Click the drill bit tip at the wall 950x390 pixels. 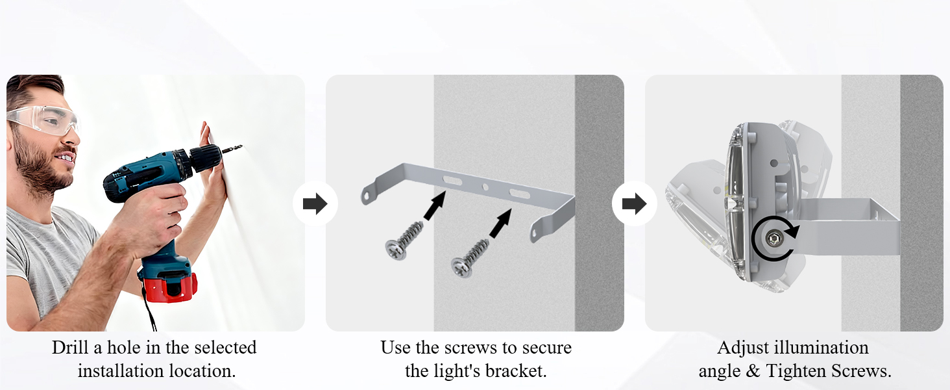[242, 146]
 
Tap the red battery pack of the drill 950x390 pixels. [169, 287]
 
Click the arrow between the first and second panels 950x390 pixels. [315, 204]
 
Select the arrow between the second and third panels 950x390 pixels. [635, 204]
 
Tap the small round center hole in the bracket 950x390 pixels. [485, 187]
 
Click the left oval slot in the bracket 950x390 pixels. [452, 181]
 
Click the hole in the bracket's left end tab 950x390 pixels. [365, 196]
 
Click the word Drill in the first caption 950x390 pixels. [71, 348]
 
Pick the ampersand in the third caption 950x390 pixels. [752, 371]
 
